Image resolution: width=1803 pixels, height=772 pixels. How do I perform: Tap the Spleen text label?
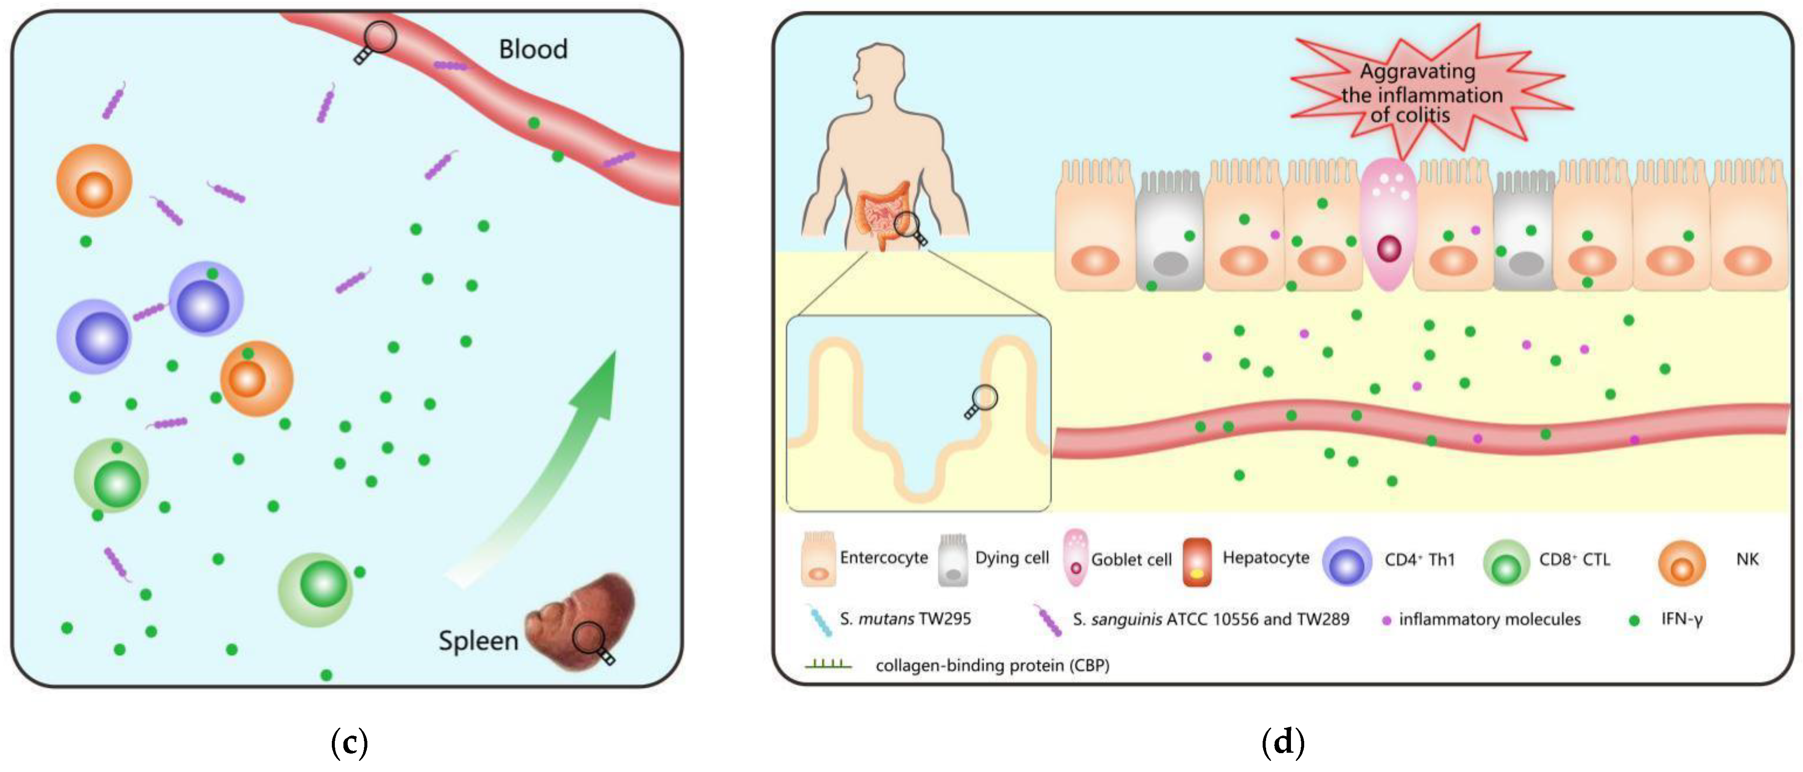click(478, 641)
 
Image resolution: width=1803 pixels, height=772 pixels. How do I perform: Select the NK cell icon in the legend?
click(1681, 563)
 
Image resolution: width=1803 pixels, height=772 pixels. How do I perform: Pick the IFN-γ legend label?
click(1681, 619)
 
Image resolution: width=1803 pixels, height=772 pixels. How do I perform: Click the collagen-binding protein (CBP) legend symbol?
click(828, 664)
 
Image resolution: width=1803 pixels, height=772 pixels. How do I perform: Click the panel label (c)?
click(349, 742)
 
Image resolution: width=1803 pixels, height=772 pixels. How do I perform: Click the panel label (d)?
click(1282, 742)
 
